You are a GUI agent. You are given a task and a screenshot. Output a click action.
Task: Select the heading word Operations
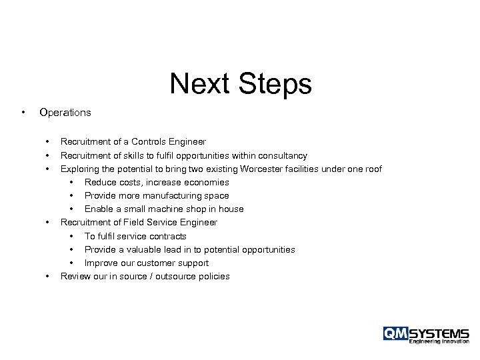65,113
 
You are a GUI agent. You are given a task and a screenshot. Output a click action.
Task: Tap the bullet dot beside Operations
23,112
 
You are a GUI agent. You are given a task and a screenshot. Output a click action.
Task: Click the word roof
372,169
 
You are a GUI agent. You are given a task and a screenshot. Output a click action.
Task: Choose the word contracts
166,236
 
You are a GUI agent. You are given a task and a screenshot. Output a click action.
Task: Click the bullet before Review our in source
47,276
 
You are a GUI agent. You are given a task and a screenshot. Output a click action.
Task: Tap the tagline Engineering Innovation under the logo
439,342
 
